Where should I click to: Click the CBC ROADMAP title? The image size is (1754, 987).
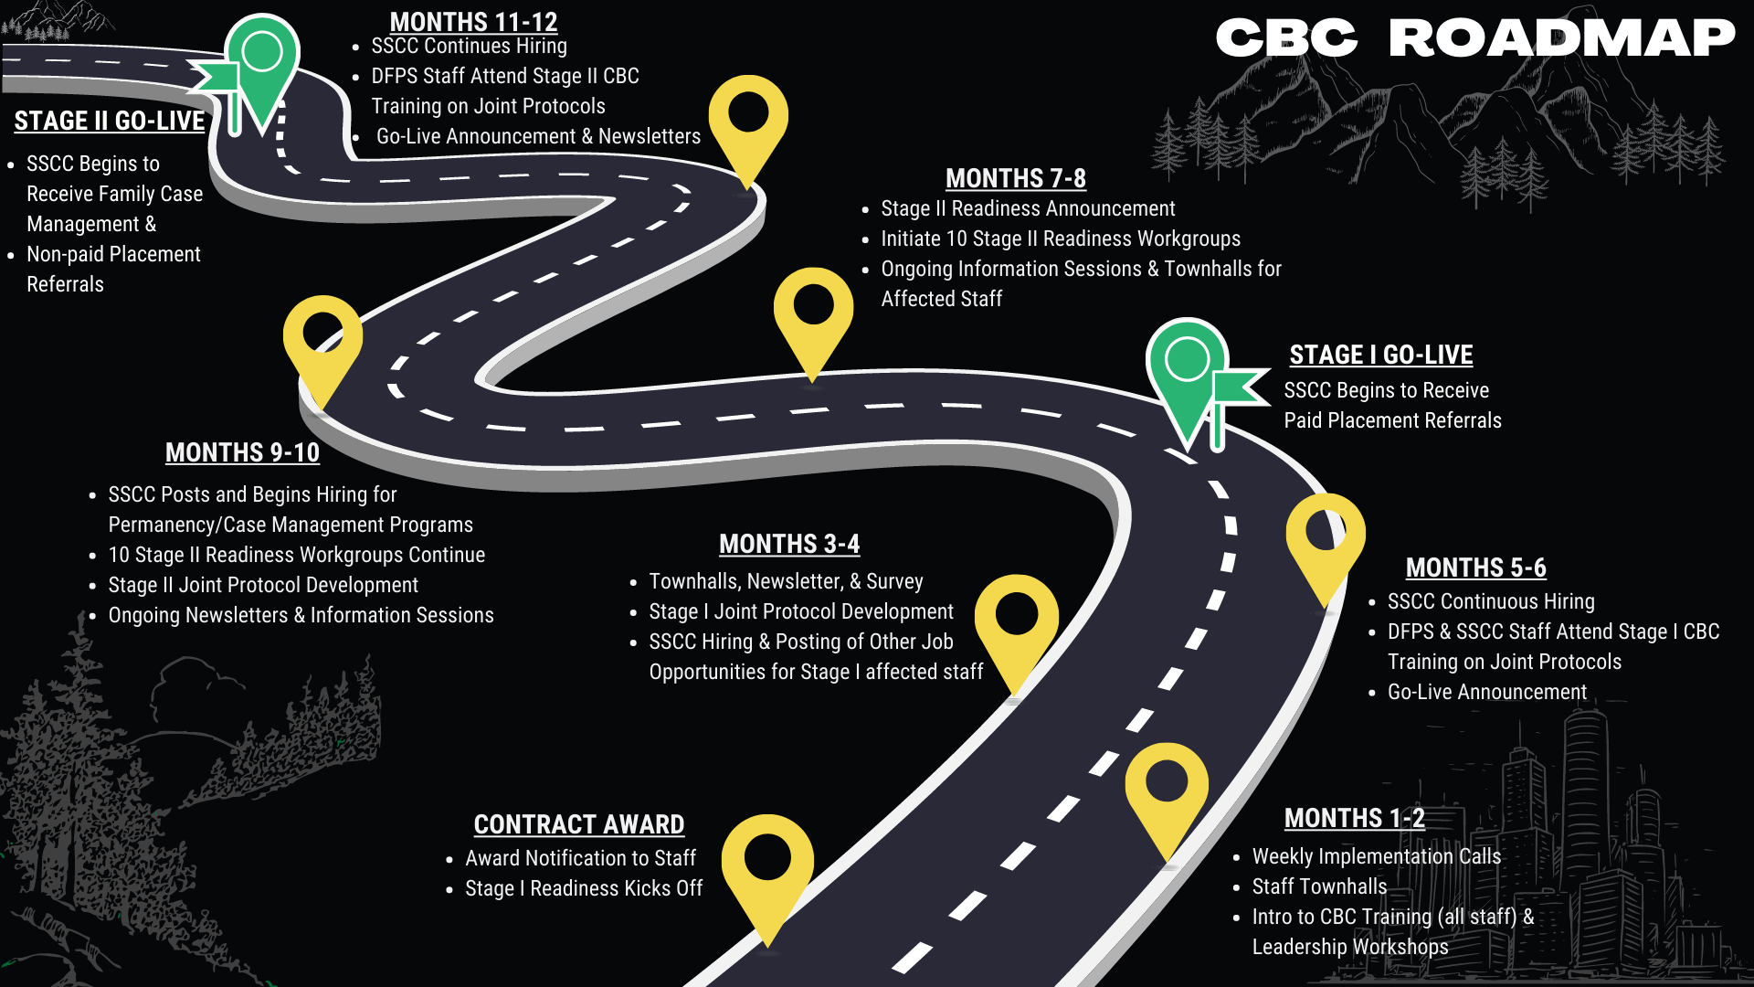1474,38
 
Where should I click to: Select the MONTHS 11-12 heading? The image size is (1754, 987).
473,21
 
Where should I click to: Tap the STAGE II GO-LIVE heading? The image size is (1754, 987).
110,121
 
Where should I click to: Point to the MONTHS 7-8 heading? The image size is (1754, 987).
1015,178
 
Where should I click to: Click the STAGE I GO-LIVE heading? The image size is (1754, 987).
1380,355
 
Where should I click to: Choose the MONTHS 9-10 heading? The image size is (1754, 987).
242,452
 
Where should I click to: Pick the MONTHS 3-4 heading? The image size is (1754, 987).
789,544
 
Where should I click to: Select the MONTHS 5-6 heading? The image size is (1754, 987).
1475,568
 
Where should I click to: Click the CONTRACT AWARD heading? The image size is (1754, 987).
579,824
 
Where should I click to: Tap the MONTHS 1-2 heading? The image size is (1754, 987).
1354,818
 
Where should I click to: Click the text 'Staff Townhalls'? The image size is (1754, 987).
1319,886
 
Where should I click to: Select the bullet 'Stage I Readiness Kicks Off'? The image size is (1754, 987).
584,888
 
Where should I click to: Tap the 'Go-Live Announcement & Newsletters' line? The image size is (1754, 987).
538,136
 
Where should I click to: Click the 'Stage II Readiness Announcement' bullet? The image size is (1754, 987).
1028,208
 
